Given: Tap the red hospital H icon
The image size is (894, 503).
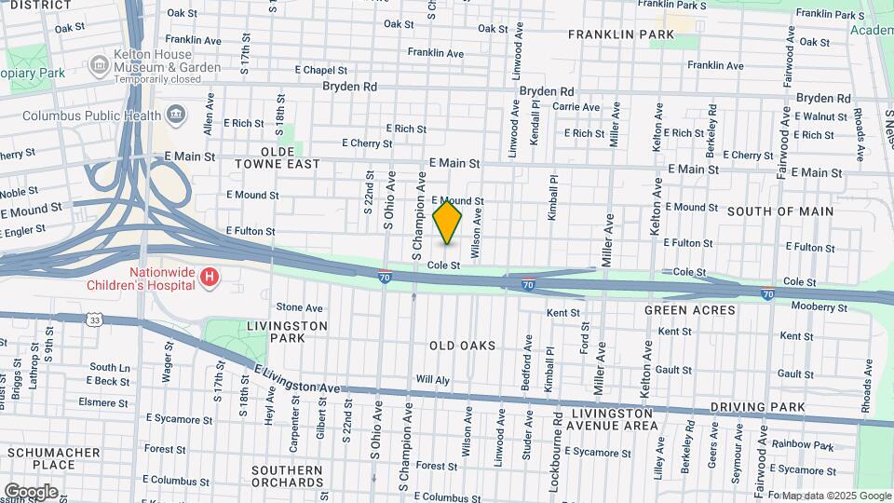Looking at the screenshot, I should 210,277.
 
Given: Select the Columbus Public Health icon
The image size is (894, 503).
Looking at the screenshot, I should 174,116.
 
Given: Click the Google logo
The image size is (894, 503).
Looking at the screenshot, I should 31,491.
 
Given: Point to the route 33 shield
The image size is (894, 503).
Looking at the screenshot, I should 95,319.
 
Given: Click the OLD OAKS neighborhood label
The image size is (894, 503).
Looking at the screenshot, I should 462,346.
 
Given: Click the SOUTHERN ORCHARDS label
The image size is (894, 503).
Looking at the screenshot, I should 287,475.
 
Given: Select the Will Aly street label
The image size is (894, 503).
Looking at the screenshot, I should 432,380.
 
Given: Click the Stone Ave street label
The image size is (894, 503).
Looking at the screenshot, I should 299,307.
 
